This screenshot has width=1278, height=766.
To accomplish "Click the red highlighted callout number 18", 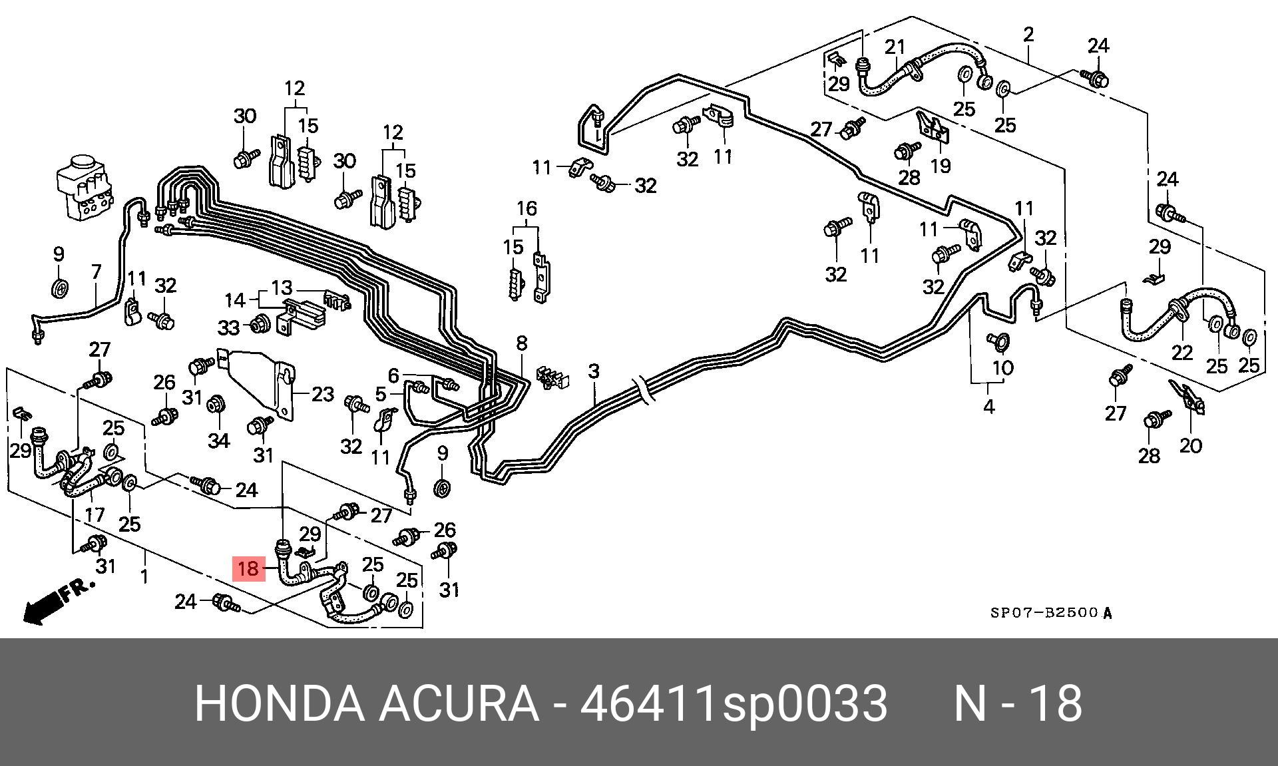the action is (248, 569).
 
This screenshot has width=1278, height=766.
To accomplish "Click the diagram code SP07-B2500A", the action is (1050, 613).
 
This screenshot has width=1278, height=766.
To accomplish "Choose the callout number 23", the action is (323, 395).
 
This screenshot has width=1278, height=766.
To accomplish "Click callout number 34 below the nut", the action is (218, 441).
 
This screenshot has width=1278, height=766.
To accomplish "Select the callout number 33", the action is (228, 327).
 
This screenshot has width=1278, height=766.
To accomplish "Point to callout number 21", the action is (895, 47).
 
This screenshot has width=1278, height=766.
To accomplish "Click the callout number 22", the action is (1181, 351).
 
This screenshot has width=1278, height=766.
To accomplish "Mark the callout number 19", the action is (940, 165).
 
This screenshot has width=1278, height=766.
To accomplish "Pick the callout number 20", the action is (1191, 445).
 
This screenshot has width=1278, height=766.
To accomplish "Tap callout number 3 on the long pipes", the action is (594, 371).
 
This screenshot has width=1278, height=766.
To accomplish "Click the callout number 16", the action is (527, 209).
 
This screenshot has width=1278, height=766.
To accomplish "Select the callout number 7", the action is (97, 272).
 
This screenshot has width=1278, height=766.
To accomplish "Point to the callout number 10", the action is (1002, 367).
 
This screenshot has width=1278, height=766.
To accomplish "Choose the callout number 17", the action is (95, 514).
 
